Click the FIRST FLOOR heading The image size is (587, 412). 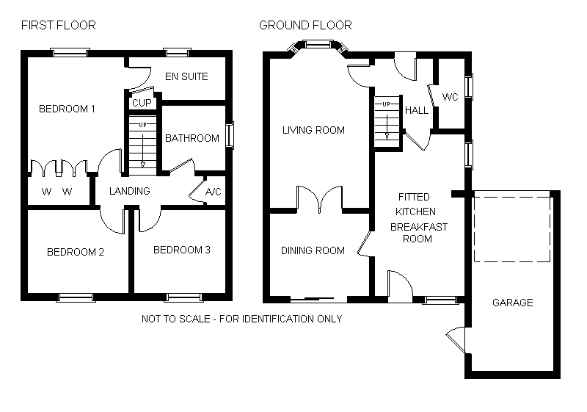click(58, 26)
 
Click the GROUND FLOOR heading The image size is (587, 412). click(305, 26)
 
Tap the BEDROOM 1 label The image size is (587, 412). click(68, 109)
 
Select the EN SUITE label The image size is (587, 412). click(186, 76)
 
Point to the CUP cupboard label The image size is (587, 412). click(142, 103)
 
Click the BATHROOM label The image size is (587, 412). click(192, 138)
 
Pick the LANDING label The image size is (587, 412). click(129, 191)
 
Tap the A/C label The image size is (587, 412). click(214, 192)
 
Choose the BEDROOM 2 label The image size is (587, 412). click(76, 252)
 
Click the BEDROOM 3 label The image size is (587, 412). click(182, 250)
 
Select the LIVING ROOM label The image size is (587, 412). click(314, 131)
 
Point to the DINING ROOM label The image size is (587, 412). click(313, 250)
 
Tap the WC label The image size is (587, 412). click(451, 97)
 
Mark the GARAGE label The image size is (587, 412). click(512, 303)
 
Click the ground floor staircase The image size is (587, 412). click(387, 120)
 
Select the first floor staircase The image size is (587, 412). click(142, 144)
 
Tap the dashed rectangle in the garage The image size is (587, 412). click(512, 228)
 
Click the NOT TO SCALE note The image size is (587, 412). click(241, 319)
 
